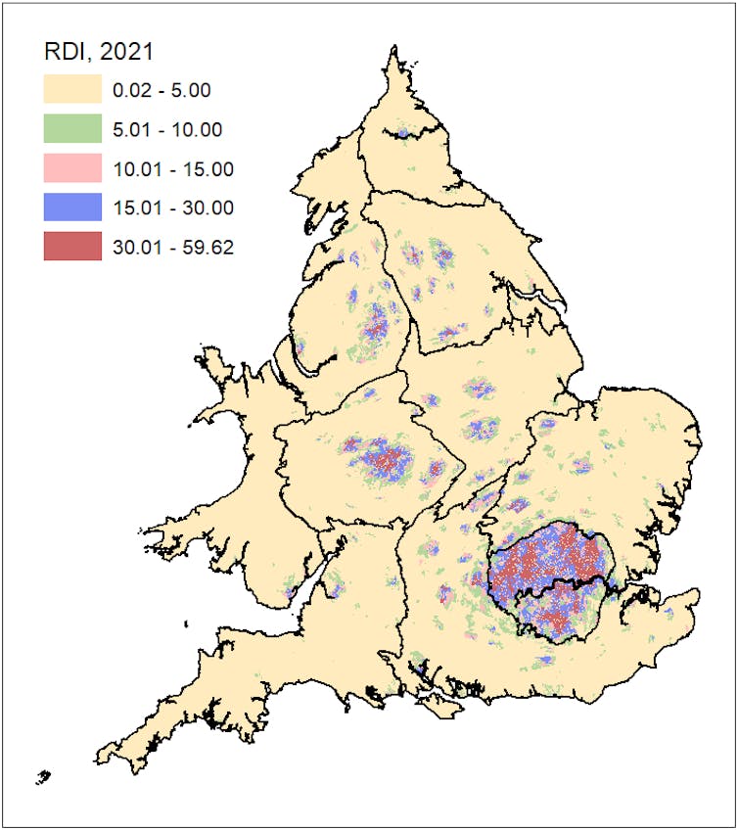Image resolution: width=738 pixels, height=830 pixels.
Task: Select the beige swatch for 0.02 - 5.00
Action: point(72,90)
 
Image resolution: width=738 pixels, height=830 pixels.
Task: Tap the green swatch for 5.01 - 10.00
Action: point(72,129)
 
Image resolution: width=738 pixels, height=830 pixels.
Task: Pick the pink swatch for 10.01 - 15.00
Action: point(72,168)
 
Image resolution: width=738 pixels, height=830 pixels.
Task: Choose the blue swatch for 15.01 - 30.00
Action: point(72,207)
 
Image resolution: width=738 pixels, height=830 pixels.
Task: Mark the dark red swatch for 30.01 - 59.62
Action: point(72,247)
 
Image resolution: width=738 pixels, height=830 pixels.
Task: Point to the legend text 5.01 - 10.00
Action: point(167,130)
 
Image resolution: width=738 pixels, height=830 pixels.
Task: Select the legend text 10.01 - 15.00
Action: point(173,169)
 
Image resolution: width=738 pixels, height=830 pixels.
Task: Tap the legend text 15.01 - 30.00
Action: point(173,208)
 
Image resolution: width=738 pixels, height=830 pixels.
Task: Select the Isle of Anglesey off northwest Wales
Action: point(217,376)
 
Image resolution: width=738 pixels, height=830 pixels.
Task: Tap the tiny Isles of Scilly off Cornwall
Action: point(42,778)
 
